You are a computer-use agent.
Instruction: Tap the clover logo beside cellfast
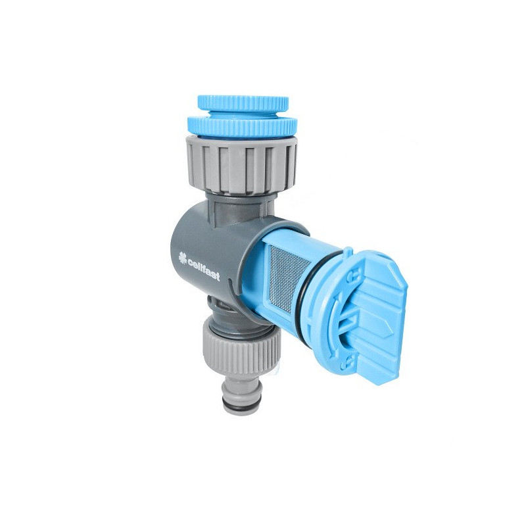click(x=183, y=258)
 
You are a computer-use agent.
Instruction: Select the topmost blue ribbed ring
click(x=243, y=103)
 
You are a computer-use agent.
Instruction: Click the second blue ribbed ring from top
click(x=241, y=126)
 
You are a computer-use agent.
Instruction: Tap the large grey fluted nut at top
click(x=241, y=166)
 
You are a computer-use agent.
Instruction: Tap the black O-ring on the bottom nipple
click(x=240, y=406)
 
